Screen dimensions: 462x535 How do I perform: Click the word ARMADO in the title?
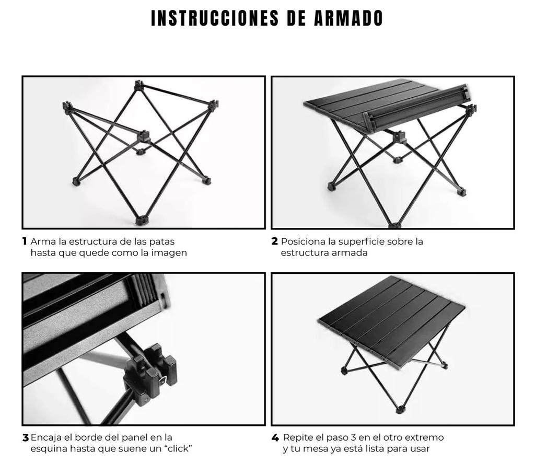[348, 18]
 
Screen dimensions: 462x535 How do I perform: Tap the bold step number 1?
[25, 241]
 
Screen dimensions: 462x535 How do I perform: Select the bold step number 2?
[274, 241]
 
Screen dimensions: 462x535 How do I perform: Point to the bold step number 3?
[25, 437]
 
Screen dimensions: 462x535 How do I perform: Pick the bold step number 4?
[275, 437]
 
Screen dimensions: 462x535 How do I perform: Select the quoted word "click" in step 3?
[175, 448]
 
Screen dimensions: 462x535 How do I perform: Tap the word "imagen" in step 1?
[169, 252]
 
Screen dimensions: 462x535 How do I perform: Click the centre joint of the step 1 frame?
[143, 137]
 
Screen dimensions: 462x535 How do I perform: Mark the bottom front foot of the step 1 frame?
[140, 221]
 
